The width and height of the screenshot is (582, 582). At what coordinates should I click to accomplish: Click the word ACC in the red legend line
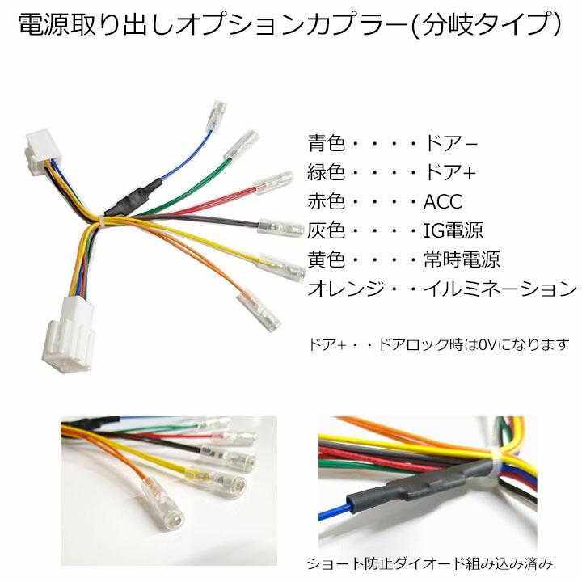click(x=443, y=201)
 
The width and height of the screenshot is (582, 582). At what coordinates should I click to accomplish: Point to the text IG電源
click(x=453, y=230)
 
